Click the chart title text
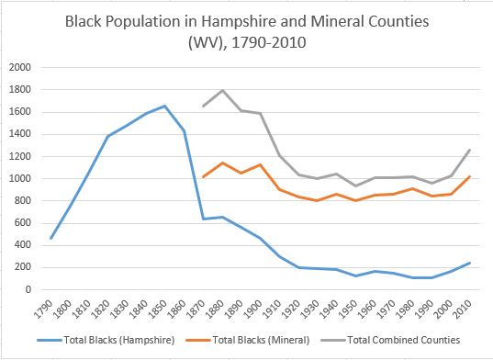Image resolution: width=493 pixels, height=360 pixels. (246, 30)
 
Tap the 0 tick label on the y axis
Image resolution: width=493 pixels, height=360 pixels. (28, 290)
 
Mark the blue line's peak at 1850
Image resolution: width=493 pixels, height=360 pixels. (165, 106)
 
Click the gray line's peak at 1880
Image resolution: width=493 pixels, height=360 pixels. (222, 90)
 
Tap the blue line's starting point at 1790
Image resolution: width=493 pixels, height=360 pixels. (51, 238)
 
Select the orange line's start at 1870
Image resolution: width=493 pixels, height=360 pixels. (203, 176)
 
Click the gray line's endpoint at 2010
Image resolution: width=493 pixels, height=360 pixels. (469, 150)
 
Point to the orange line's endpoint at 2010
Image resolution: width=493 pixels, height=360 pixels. (469, 176)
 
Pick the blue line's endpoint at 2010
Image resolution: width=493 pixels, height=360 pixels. (469, 263)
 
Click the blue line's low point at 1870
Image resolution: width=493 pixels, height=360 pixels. (203, 219)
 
